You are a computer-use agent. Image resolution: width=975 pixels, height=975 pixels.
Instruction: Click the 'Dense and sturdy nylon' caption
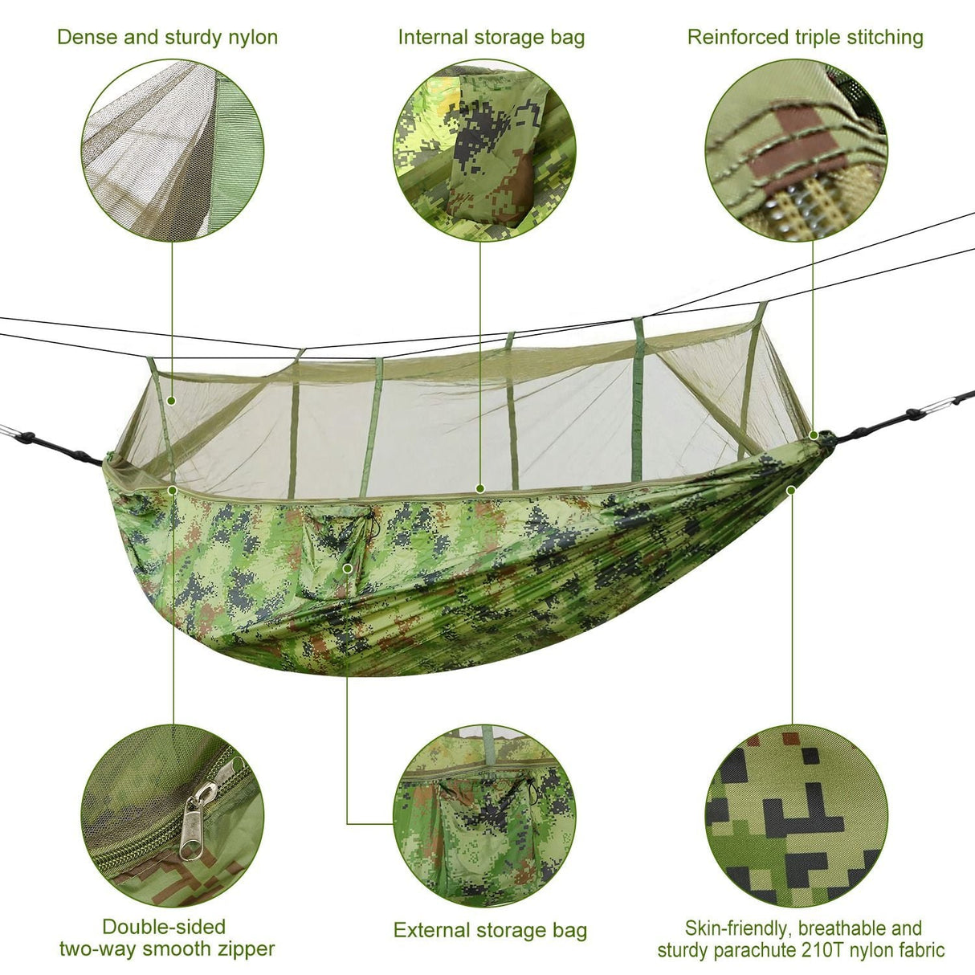(167, 37)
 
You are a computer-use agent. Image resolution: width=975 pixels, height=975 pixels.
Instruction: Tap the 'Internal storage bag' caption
(491, 37)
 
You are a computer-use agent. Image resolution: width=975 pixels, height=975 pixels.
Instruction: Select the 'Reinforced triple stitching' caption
(805, 37)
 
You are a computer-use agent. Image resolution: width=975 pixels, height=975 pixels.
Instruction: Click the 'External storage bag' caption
(490, 930)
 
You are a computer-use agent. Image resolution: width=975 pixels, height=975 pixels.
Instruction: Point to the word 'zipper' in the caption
(242, 948)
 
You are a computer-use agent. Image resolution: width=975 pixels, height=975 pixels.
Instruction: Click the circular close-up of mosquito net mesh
(173, 150)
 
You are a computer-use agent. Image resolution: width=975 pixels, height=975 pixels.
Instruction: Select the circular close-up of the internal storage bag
(484, 150)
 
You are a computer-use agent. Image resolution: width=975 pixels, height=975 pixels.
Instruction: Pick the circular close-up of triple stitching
(797, 150)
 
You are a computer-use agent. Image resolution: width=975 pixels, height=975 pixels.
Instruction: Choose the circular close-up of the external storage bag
(484, 816)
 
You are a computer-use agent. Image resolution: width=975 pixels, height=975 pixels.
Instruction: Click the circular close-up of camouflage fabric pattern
(797, 816)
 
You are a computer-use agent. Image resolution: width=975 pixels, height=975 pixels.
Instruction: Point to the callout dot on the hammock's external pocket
(347, 568)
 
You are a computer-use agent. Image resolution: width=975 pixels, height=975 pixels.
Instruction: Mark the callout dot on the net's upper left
(171, 400)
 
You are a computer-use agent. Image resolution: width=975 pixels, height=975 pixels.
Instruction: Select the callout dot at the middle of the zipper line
(479, 487)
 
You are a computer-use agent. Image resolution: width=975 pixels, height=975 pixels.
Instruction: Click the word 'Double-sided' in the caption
(164, 926)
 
